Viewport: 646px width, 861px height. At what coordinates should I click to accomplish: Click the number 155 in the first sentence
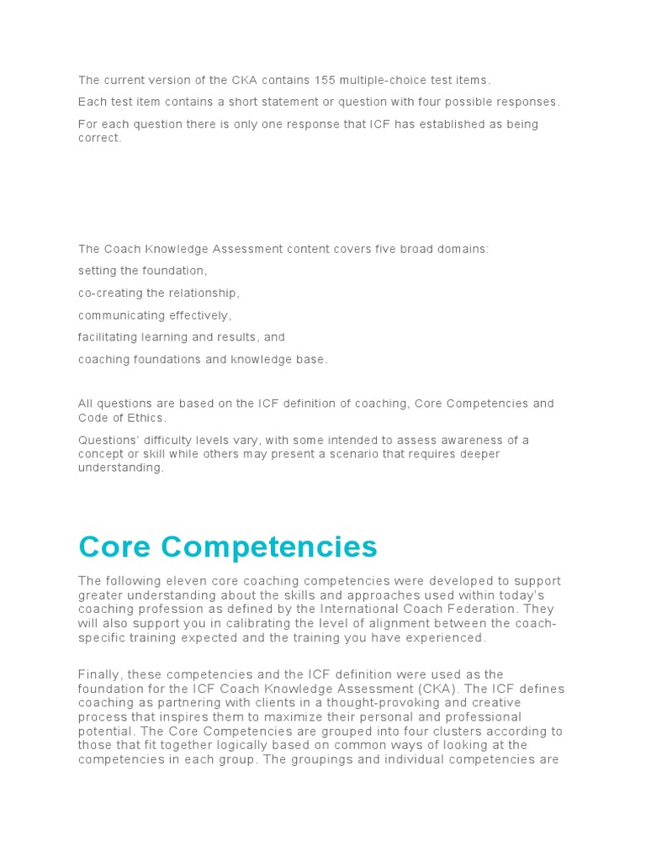coord(326,80)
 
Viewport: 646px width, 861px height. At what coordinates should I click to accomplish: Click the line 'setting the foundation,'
coord(142,271)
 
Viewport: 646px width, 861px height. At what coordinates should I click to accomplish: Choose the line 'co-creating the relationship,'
coord(159,293)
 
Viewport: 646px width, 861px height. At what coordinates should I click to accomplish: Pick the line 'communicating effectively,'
coord(155,315)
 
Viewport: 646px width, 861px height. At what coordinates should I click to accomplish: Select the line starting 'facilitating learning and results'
coord(182,337)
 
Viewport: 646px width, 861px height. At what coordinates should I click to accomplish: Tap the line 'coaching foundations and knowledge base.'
coord(203,359)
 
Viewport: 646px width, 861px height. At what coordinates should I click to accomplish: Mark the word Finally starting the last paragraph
coord(99,674)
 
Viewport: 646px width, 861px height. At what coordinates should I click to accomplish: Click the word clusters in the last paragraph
coord(462,732)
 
